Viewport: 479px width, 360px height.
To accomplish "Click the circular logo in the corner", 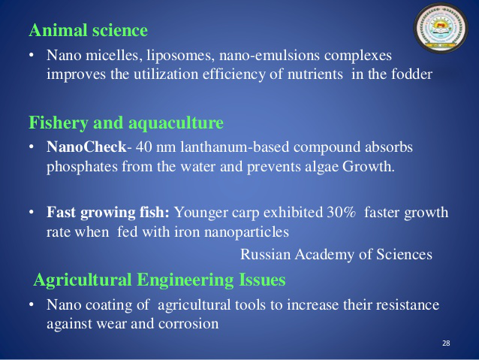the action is (441, 29).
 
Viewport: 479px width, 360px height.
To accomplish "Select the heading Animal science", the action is (89, 31).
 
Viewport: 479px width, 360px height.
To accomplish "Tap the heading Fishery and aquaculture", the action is (126, 123).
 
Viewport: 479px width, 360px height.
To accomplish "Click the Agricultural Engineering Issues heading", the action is (160, 280).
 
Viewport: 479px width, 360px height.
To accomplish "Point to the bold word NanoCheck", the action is (86, 147).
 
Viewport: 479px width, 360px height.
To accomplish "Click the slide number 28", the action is (446, 343).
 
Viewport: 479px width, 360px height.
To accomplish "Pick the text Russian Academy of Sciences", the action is (336, 255).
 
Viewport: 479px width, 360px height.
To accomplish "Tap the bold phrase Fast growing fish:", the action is (108, 213).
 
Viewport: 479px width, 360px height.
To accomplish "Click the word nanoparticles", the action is (246, 232).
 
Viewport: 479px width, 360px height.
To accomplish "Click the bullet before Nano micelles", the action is (32, 56).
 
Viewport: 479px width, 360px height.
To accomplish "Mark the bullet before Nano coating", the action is (32, 305).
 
